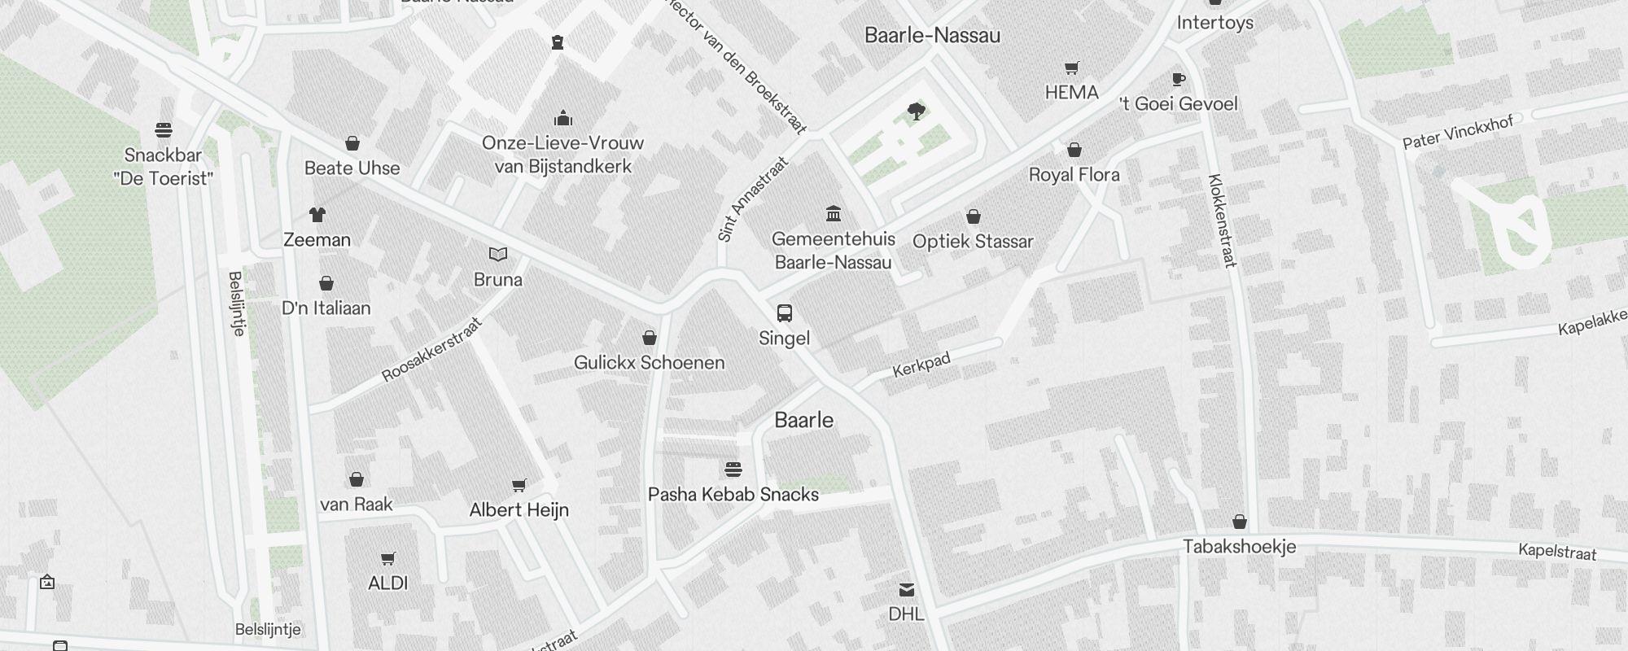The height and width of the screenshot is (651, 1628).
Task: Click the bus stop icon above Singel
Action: point(784,313)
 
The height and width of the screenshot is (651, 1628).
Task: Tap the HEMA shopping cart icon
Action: point(1072,68)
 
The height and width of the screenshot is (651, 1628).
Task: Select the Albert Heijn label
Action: point(519,510)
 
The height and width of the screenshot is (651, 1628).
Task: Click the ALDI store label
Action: point(388,583)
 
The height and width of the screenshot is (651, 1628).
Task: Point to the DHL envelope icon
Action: point(907,590)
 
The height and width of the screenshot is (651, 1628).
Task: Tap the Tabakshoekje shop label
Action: point(1239,547)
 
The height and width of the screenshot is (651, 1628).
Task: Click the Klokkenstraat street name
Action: point(1223,221)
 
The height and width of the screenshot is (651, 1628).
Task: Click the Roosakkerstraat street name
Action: point(432,350)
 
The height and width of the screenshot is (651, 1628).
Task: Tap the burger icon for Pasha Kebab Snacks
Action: point(733,470)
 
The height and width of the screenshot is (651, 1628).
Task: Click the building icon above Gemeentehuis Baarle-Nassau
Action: point(834,214)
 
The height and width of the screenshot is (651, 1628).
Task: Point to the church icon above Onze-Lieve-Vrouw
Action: point(563,119)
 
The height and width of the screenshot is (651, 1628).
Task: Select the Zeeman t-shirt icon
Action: point(317,215)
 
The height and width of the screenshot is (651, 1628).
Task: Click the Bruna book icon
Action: point(498,255)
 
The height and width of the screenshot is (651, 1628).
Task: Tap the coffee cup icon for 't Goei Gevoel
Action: point(1178,79)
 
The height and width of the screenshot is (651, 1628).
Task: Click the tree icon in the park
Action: point(917,111)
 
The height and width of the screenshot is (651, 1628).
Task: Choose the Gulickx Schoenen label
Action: point(649,363)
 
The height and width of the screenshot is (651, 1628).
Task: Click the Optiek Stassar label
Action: point(973,242)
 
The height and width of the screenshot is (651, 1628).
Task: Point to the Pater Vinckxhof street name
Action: point(1457,133)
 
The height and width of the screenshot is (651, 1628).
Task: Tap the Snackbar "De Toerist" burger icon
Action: point(164,130)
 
